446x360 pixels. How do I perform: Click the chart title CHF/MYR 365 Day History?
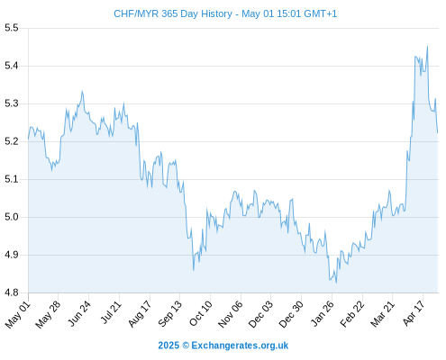tap(173, 13)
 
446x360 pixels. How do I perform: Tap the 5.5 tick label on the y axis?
tap(12, 28)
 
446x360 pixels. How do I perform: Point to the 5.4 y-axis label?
tap(12, 66)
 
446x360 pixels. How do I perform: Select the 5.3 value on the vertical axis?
tap(12, 103)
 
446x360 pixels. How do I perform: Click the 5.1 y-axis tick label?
tap(12, 179)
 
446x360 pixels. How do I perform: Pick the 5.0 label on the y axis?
tap(12, 217)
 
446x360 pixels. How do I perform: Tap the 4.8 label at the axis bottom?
tap(12, 292)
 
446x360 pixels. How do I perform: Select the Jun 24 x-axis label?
tap(79, 313)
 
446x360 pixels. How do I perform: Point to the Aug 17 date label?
tap(140, 314)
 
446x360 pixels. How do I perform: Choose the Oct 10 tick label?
tap(201, 313)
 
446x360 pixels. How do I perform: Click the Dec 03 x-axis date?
tap(261, 314)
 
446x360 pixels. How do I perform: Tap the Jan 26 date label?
tap(323, 313)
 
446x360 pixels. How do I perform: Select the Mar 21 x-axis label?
tap(382, 314)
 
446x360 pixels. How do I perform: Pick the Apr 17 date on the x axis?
tap(414, 313)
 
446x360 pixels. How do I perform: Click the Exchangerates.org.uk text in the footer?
tap(240, 346)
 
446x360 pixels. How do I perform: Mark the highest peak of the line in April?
tap(427, 47)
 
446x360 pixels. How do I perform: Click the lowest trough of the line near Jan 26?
tap(336, 283)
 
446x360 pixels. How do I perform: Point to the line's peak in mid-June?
tap(82, 91)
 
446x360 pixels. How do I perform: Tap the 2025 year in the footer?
tap(168, 346)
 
